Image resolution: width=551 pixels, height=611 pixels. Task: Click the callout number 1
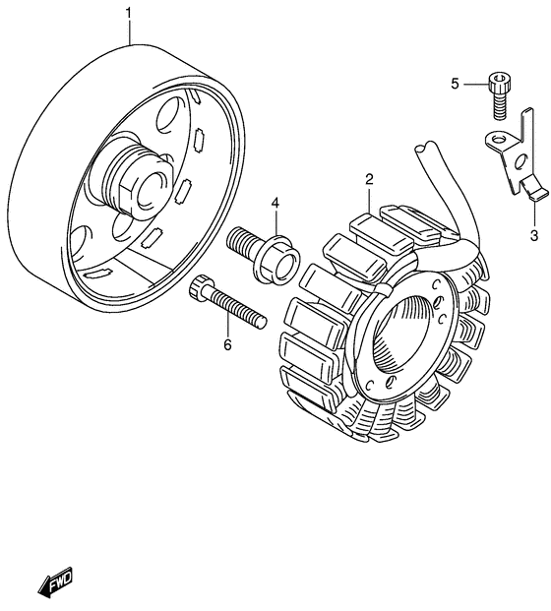pyautogui.click(x=129, y=13)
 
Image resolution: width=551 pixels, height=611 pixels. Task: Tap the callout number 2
pyautogui.click(x=369, y=179)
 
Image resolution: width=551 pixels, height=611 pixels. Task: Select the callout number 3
pyautogui.click(x=534, y=235)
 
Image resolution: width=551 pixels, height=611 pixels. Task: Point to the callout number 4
pyautogui.click(x=275, y=203)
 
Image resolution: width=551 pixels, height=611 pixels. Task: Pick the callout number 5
pyautogui.click(x=456, y=84)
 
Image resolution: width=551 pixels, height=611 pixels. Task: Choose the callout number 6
pyautogui.click(x=227, y=344)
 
